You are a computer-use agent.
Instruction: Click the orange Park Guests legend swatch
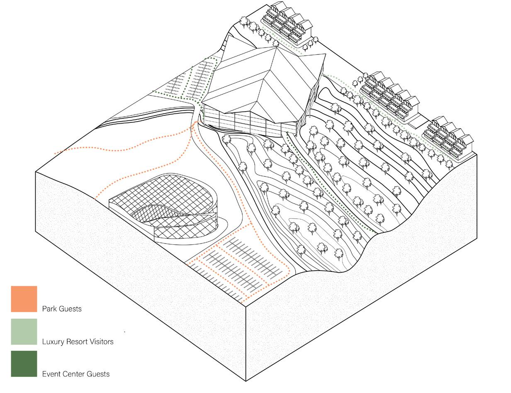click(24, 299)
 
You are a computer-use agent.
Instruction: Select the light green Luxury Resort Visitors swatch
click(24, 332)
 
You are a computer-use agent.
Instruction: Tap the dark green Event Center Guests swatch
click(24, 364)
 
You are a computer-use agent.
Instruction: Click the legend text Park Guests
click(62, 309)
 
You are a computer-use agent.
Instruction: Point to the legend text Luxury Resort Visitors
click(78, 342)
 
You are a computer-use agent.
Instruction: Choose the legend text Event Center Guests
click(76, 374)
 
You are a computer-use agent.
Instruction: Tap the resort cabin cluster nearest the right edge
click(448, 137)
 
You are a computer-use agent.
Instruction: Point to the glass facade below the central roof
click(249, 122)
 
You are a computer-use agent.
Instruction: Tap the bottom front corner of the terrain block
click(246, 380)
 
